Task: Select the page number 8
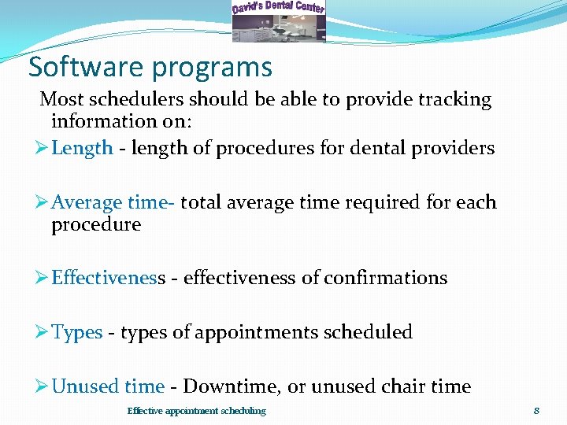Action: click(536, 411)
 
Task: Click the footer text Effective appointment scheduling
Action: click(196, 411)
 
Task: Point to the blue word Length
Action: click(82, 149)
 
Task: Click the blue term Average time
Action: click(111, 202)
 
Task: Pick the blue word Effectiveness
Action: click(108, 278)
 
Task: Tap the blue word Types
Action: click(76, 332)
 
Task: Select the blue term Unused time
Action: click(107, 386)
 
